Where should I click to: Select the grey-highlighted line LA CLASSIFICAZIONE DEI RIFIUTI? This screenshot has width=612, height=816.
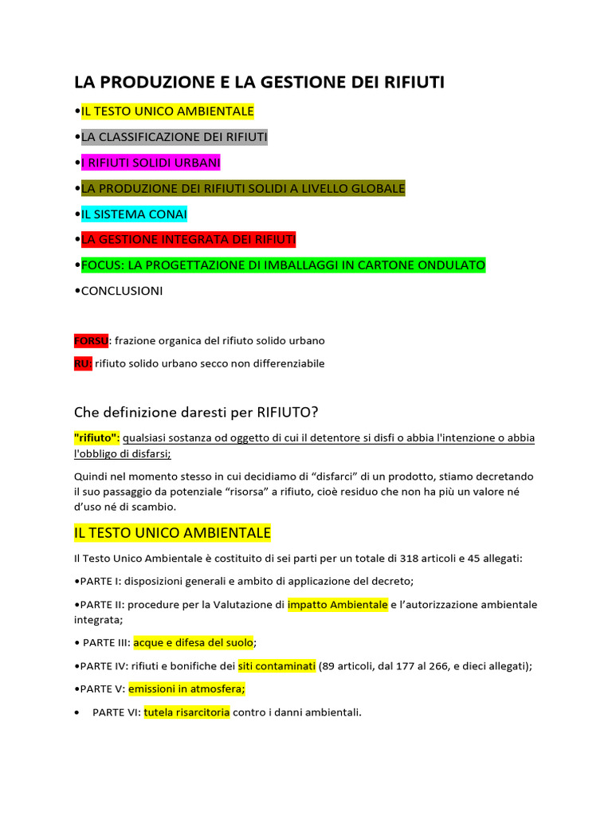point(174,137)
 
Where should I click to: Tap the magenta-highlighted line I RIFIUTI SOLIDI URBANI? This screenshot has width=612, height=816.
point(151,163)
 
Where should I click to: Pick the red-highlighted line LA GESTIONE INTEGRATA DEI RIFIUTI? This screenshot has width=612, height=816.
point(188,239)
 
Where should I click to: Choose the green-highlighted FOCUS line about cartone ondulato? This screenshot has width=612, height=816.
point(283,265)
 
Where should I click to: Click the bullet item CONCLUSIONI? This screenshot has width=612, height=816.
point(122,291)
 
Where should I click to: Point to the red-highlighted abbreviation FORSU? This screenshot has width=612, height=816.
point(91,340)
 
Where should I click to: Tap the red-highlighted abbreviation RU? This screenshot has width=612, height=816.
point(83,363)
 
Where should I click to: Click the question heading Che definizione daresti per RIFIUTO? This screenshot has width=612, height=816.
point(196,412)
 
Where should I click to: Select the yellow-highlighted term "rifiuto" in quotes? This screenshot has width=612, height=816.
point(96,437)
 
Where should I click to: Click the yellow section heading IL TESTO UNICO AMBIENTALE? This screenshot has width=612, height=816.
point(172,532)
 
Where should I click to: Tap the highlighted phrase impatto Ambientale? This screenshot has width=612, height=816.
point(338,604)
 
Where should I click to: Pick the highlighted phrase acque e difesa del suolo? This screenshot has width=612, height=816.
point(193,641)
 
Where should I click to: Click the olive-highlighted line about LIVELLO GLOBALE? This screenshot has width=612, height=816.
point(243,188)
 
